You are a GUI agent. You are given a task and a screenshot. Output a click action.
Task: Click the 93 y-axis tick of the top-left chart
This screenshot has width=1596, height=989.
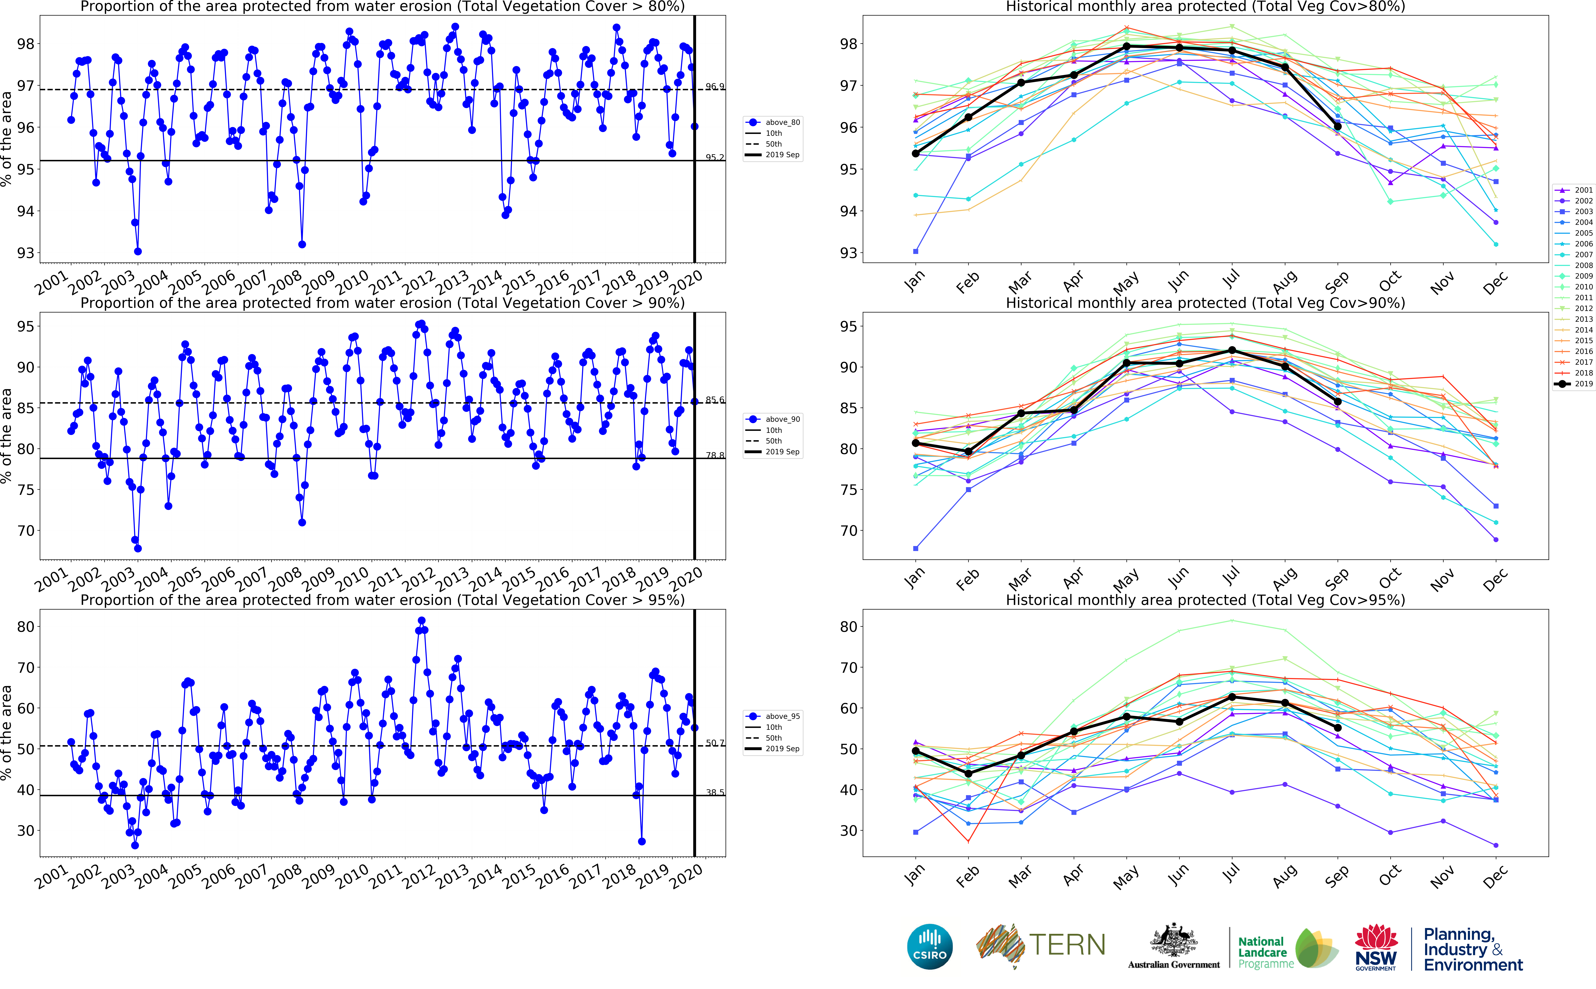pos(25,253)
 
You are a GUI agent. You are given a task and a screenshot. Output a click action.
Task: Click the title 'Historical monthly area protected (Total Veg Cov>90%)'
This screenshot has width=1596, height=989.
pos(1205,303)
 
